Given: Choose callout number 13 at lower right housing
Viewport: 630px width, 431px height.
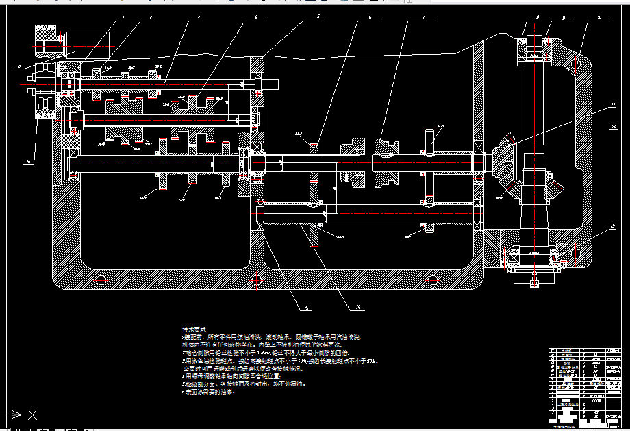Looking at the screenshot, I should (613, 225).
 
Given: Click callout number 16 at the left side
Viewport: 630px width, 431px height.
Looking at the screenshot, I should (29, 162).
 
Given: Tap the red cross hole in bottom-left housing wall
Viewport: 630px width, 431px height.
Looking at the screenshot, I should (102, 280).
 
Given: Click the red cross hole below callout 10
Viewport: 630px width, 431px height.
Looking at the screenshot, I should (576, 64).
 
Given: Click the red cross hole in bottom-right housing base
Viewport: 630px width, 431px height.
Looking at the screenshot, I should (433, 280).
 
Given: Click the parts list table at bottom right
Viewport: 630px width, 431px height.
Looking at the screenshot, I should (586, 386).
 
